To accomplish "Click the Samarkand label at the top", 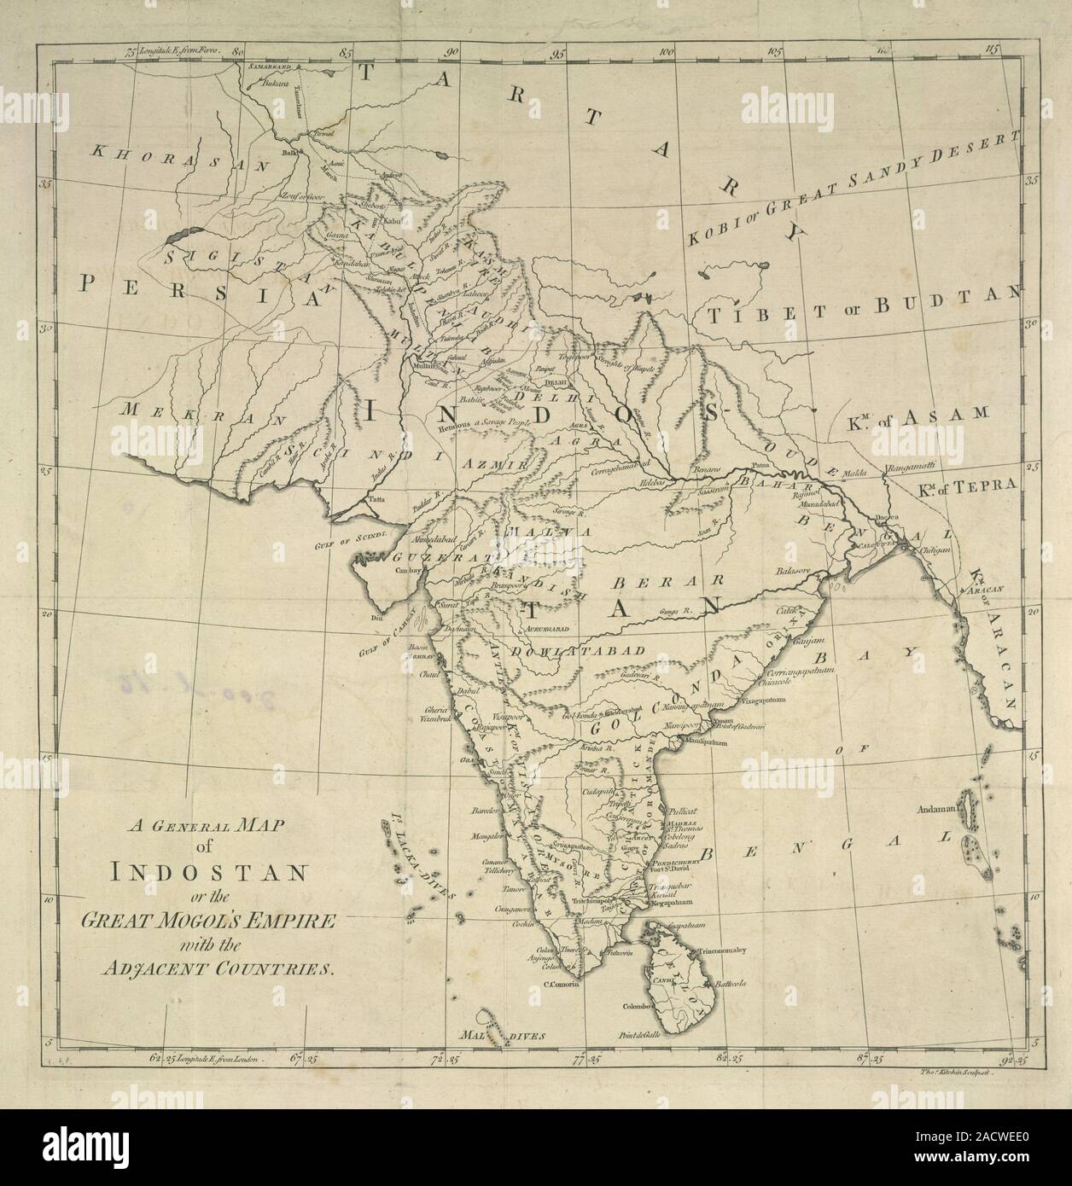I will click(270, 65).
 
